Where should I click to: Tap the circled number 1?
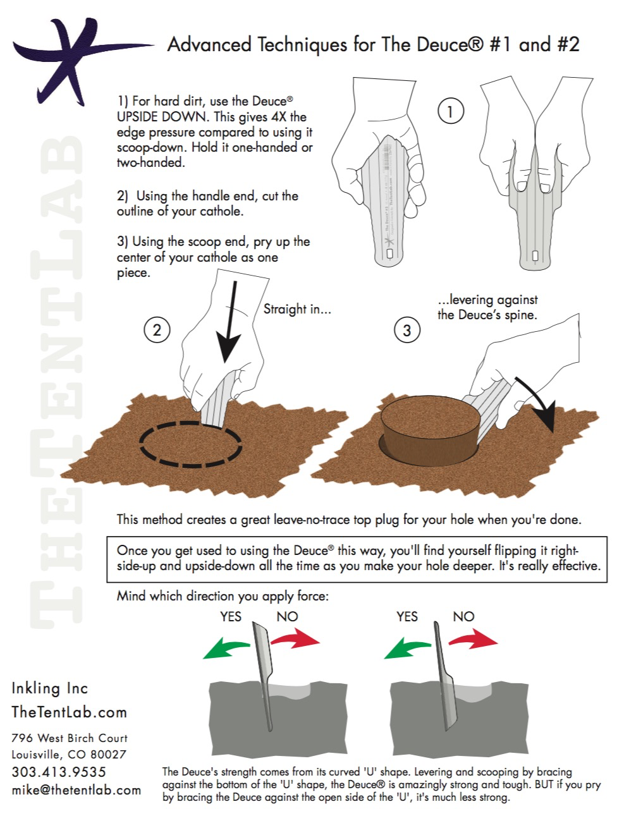click(450, 112)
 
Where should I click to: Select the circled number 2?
click(157, 329)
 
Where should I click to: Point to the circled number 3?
click(407, 330)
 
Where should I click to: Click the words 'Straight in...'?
click(297, 309)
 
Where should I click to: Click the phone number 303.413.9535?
click(59, 772)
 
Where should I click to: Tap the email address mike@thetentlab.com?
click(76, 790)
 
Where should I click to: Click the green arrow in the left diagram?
click(226, 648)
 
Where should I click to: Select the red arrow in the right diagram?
click(474, 640)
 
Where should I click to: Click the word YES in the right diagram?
click(407, 616)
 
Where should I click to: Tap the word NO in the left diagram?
click(287, 616)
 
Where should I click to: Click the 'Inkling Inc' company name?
click(50, 688)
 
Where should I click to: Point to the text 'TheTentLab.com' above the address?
click(69, 712)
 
